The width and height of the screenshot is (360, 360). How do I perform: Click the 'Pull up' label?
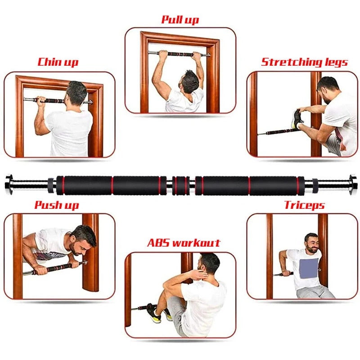180,20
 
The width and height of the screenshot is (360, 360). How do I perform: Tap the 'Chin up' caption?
58,62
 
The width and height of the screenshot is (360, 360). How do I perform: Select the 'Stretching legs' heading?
305,62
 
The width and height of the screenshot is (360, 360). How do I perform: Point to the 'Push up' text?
57,206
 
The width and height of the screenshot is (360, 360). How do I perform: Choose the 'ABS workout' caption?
184,243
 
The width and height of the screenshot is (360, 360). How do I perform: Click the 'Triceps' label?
304,206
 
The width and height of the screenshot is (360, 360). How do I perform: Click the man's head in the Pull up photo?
190,81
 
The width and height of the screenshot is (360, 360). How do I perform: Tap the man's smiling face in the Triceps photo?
311,243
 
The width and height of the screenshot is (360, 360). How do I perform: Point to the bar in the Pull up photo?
180,54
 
